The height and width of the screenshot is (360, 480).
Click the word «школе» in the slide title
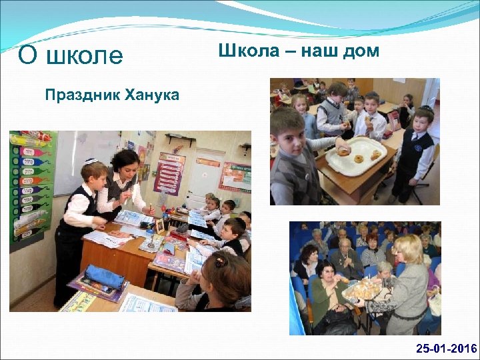pyautogui.click(x=85, y=56)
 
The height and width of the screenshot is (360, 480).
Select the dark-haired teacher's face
pyautogui.click(x=127, y=164)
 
